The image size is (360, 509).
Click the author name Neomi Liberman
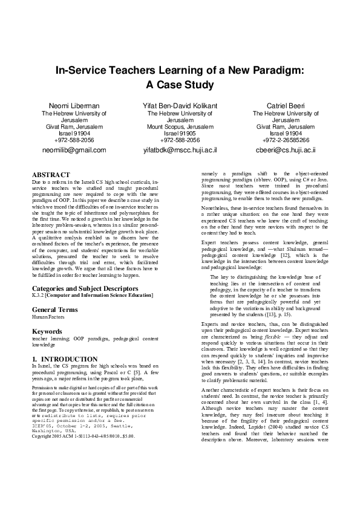(x=74, y=106)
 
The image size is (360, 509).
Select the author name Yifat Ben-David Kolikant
(x=180, y=106)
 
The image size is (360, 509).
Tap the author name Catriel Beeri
(x=286, y=106)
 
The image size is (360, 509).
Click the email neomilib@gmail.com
(x=74, y=149)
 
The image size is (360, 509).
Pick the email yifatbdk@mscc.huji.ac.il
(x=180, y=149)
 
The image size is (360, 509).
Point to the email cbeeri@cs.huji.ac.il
(x=286, y=149)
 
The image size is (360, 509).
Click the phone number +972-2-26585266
(x=286, y=139)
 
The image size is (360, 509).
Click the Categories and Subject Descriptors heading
(x=83, y=288)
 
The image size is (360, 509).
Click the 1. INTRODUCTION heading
(x=65, y=359)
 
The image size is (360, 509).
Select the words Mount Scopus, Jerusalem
(x=180, y=126)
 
